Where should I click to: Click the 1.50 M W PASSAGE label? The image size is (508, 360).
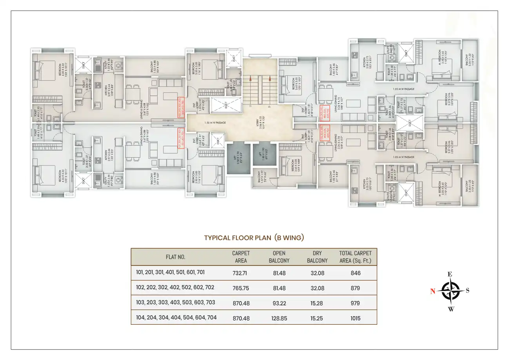(x=214, y=123)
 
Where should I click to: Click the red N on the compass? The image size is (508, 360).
(x=433, y=291)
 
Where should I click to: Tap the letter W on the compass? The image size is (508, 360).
(x=451, y=309)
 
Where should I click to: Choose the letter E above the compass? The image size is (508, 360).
(x=450, y=274)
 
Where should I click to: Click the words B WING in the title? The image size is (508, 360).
(x=290, y=238)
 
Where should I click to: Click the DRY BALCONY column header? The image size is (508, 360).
(x=317, y=257)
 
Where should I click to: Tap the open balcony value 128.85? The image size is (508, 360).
(x=279, y=318)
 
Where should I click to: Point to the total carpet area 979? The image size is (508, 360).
(x=356, y=303)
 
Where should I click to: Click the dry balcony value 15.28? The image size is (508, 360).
(x=317, y=303)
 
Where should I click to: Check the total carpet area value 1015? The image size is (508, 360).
(x=356, y=318)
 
